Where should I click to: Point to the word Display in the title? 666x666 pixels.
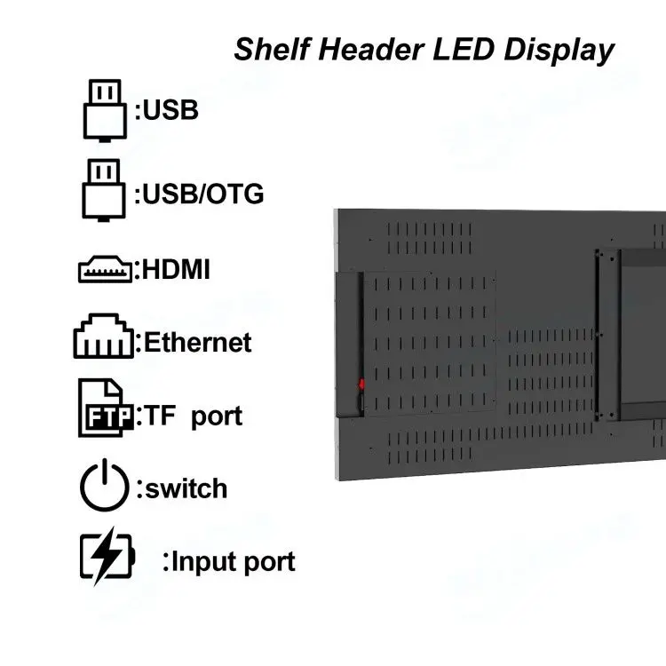[559, 50]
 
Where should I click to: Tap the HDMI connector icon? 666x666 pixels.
[105, 270]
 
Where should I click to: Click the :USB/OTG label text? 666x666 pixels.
[199, 194]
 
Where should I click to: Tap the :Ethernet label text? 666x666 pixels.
[194, 343]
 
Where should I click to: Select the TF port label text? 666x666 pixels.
[192, 416]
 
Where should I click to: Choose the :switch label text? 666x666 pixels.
[181, 488]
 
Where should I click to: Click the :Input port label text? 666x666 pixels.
[229, 562]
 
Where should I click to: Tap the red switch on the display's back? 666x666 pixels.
[361, 385]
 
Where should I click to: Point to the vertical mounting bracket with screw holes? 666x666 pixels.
[607, 334]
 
